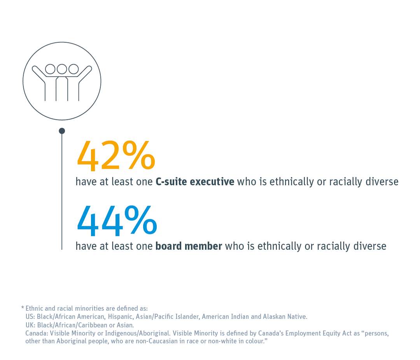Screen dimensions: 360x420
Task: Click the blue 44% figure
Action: (117, 220)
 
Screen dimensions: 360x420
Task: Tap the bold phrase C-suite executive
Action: (195, 182)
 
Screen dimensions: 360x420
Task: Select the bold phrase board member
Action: (189, 246)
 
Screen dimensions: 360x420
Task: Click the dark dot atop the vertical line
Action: (62, 131)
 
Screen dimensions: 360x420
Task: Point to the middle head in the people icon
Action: (62, 69)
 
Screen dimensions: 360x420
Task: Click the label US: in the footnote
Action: (30, 316)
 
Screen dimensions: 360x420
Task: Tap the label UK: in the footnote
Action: (30, 325)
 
